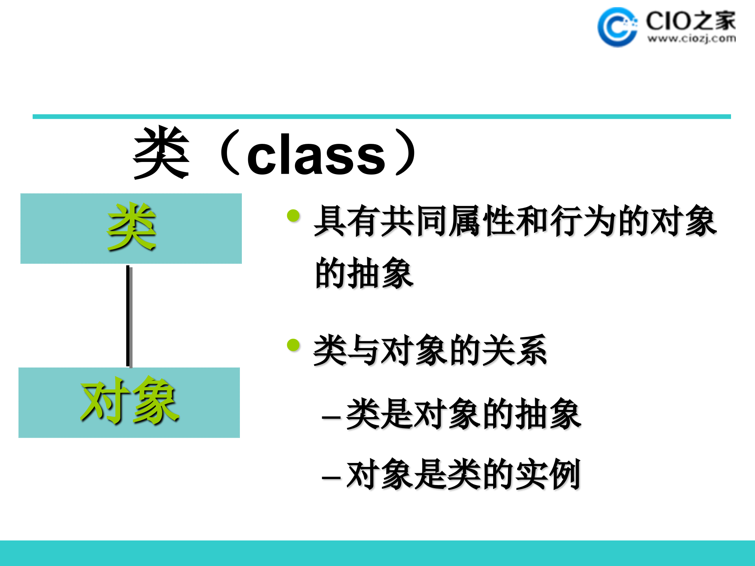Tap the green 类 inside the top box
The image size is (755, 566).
point(132,227)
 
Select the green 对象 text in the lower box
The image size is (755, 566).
point(129,401)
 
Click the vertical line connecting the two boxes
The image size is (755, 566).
point(129,316)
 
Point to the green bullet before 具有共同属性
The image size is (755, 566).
point(293,215)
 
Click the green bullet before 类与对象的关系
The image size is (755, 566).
point(293,345)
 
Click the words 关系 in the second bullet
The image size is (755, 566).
point(515,350)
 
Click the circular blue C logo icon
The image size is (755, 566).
point(617,27)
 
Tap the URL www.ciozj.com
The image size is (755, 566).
point(691,39)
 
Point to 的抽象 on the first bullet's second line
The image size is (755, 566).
point(364,273)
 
